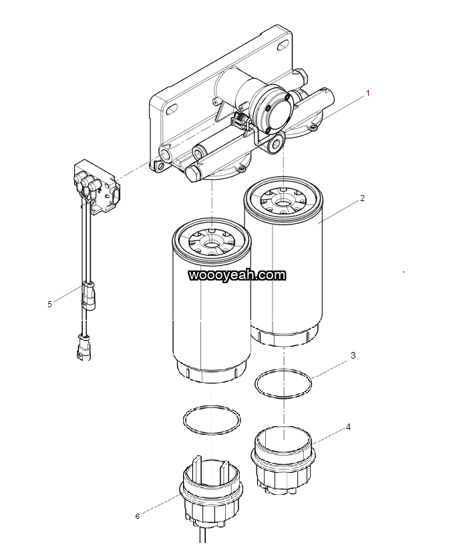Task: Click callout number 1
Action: (x=367, y=94)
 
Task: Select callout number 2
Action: (x=362, y=198)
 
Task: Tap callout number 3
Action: (x=353, y=355)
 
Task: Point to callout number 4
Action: (x=347, y=425)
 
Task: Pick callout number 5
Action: (x=49, y=304)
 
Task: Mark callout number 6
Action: (x=137, y=516)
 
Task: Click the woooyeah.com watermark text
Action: (x=237, y=274)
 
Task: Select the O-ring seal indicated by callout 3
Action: (x=283, y=383)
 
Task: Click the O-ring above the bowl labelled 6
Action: (x=212, y=420)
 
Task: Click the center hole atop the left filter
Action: (x=211, y=243)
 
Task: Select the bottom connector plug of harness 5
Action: (x=83, y=347)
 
